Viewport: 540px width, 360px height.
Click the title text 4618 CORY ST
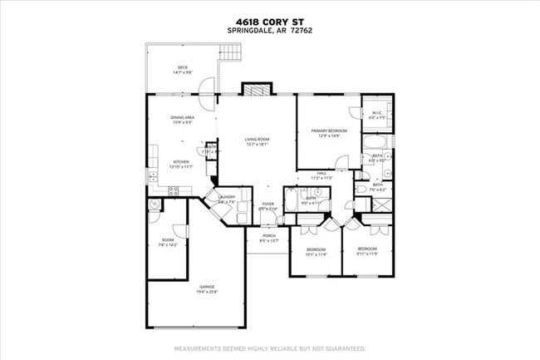point(269,22)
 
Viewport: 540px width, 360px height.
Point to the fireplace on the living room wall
point(256,90)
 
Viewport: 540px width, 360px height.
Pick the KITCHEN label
point(181,164)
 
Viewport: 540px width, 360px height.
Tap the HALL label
point(321,175)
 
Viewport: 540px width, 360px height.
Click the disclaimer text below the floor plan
point(269,348)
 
